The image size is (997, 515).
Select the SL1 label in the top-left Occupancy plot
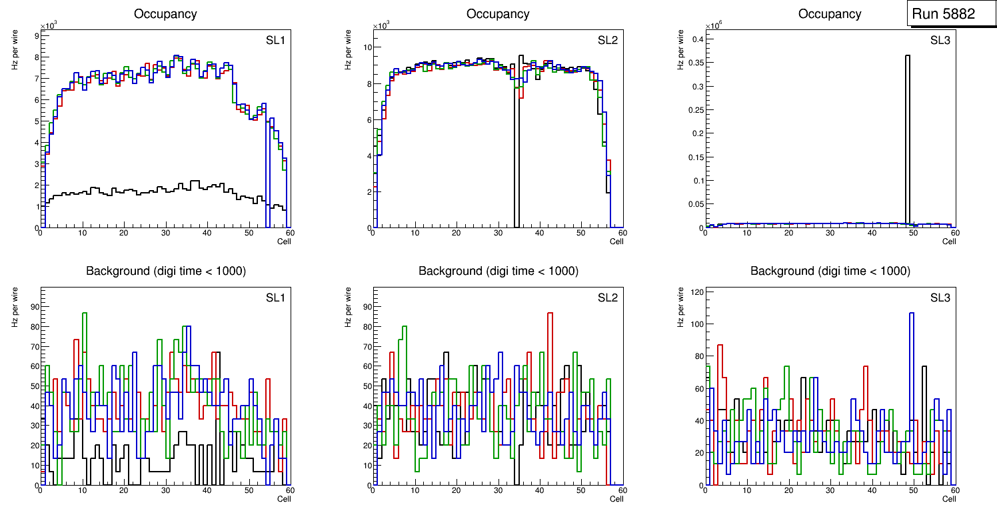(x=275, y=41)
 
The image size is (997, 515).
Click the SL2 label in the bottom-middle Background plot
(x=607, y=298)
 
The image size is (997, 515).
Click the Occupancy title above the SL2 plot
(x=498, y=14)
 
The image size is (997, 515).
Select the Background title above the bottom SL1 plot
(x=165, y=271)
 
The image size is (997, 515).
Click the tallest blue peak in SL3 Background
(x=911, y=314)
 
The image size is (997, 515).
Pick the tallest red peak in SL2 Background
(x=550, y=313)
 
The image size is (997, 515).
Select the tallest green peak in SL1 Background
(x=85, y=314)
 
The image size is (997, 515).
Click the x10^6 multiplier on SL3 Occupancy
(x=713, y=25)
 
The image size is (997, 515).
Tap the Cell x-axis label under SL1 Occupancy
(x=283, y=241)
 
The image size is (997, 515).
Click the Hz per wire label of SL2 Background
(x=348, y=307)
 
